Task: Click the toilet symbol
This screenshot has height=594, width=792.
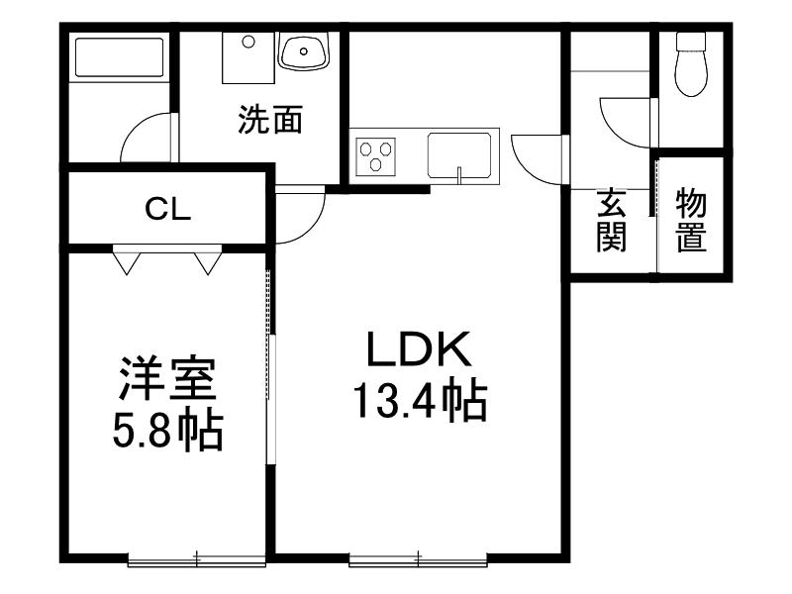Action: click(x=691, y=63)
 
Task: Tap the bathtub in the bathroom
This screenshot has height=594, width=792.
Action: click(x=120, y=56)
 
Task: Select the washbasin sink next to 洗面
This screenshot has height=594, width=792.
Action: click(x=305, y=50)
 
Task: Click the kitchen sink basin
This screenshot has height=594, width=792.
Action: click(x=459, y=155)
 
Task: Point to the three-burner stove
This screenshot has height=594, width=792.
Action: click(x=376, y=156)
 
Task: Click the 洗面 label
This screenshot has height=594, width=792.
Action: click(x=270, y=119)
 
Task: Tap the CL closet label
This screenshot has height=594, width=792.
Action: click(x=167, y=209)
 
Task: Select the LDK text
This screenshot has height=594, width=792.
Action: click(x=419, y=349)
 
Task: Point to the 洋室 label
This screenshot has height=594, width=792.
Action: click(x=167, y=378)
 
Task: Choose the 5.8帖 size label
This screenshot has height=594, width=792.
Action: click(x=167, y=431)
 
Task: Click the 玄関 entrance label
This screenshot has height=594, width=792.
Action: click(x=612, y=220)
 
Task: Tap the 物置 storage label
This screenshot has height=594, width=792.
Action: click(x=691, y=220)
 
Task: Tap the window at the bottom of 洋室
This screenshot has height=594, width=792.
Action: click(x=196, y=559)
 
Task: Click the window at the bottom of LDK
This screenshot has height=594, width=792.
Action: click(x=418, y=559)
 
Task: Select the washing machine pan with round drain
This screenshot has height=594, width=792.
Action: click(x=248, y=58)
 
